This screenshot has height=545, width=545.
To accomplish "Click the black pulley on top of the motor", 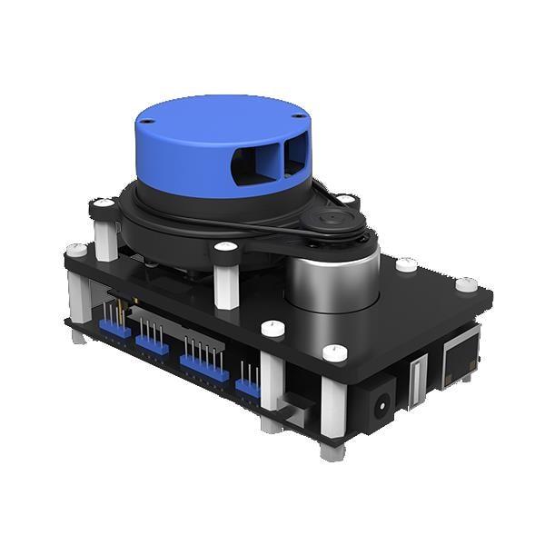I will click(x=335, y=222).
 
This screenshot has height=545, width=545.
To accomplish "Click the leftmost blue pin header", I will click(x=114, y=327).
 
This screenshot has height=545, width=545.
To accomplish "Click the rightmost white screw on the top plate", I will click(x=466, y=284).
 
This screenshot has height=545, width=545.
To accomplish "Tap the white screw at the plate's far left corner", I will click(x=76, y=248).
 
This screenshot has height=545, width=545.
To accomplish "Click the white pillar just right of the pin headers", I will click(x=271, y=381).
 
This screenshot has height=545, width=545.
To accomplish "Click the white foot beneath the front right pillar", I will click(x=332, y=450).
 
